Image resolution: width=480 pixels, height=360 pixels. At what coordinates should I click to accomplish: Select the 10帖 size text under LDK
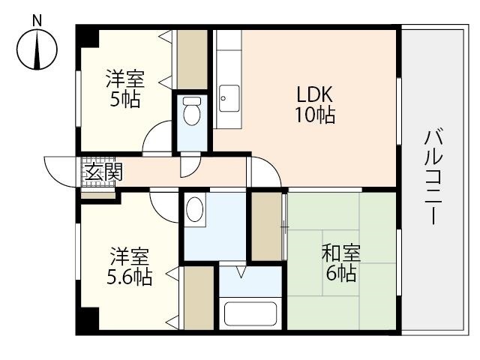[x=314, y=115]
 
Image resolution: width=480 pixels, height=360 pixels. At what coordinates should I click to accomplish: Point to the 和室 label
[x=340, y=253]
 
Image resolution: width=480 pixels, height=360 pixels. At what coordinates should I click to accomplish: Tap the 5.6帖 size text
[x=129, y=277]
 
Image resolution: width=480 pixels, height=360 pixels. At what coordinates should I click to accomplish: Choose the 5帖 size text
[x=124, y=99]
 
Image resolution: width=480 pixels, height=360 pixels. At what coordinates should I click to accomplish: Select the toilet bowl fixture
[x=193, y=112]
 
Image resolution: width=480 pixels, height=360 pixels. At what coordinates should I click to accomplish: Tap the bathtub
[x=250, y=313]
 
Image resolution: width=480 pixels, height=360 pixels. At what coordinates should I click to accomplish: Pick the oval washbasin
[x=196, y=208]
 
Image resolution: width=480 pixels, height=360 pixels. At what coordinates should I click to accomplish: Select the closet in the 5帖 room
[x=192, y=59]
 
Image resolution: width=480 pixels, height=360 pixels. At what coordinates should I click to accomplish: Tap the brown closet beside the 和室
[x=265, y=226]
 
